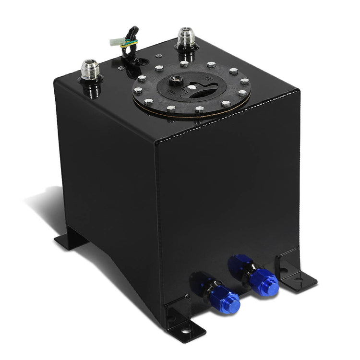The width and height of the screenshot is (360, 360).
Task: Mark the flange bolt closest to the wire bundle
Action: coord(159,69)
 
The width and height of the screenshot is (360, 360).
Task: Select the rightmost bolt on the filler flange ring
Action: coord(244,81)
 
